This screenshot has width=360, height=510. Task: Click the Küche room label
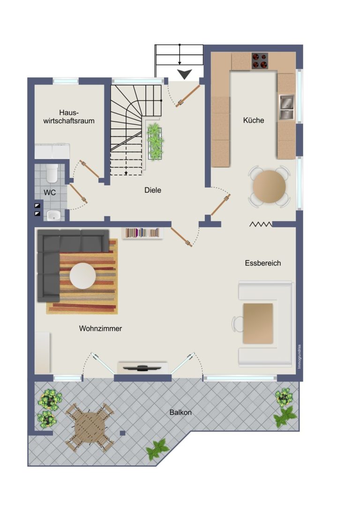(x=254, y=120)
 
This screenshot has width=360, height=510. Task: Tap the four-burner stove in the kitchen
(x=260, y=61)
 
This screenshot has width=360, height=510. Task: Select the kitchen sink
(x=286, y=107)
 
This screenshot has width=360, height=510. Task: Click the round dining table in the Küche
(x=270, y=187)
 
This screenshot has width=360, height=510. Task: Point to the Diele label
(x=153, y=190)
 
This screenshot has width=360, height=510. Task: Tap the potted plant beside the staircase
(x=155, y=142)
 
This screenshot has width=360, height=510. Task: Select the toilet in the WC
(x=52, y=173)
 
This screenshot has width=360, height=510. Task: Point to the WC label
(x=50, y=192)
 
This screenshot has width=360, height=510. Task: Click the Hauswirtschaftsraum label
(x=69, y=117)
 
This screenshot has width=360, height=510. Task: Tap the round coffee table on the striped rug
(x=83, y=276)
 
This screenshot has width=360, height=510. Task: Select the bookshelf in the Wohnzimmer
(x=142, y=233)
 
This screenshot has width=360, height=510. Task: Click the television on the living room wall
(x=142, y=368)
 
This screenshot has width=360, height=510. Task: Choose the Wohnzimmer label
(x=100, y=328)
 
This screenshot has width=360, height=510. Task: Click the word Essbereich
(x=263, y=263)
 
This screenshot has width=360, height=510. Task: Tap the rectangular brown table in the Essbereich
(x=258, y=323)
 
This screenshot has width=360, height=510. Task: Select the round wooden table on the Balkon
(x=90, y=428)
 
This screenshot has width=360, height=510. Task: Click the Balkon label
(x=180, y=412)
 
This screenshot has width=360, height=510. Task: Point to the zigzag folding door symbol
(x=261, y=224)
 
